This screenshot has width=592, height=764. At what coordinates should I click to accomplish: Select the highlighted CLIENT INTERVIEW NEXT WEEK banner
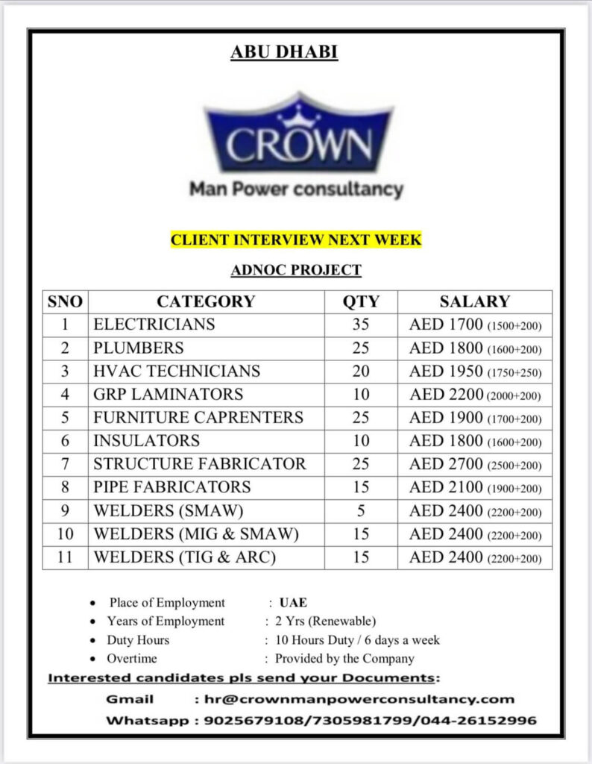pos(296,239)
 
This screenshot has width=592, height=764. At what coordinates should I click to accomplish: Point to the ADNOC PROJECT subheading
pos(296,269)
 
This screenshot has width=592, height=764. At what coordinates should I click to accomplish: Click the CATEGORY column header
pos(206,301)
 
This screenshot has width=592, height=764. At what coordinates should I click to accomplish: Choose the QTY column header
pos(361,301)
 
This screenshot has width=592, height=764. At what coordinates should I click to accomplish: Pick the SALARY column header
pos(475,301)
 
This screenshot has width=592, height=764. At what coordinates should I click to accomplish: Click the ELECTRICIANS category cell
pos(154,325)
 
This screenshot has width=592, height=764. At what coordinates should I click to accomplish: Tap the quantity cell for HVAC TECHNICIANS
pos(361,371)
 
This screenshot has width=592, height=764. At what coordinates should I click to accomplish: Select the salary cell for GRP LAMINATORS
pos(475,395)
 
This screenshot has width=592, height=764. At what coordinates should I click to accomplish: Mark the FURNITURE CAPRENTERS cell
pos(198,418)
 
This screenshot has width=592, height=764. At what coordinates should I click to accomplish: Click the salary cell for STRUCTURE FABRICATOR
pos(475,464)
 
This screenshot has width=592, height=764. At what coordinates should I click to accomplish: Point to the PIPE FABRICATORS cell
pos(171,487)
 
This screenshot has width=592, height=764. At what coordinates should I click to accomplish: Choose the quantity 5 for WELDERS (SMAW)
pos(361,511)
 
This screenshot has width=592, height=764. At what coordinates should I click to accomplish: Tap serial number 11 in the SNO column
pos(65,557)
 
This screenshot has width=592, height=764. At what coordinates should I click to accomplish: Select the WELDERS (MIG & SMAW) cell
pos(195,534)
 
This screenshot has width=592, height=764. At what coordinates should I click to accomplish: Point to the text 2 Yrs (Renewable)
pos(326,621)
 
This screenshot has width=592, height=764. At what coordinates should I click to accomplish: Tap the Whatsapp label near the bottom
pos(147,721)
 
